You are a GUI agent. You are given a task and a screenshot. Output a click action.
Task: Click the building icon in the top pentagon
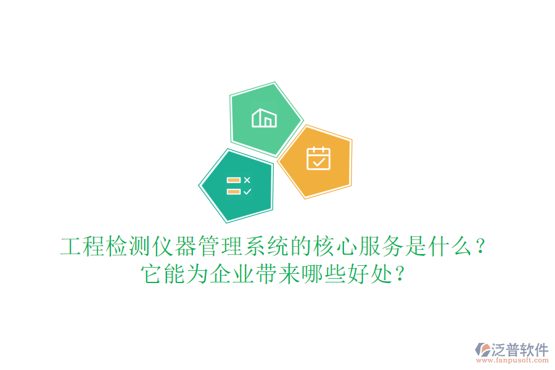click(x=264, y=118)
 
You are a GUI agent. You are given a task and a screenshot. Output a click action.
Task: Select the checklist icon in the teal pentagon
click(x=239, y=186)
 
